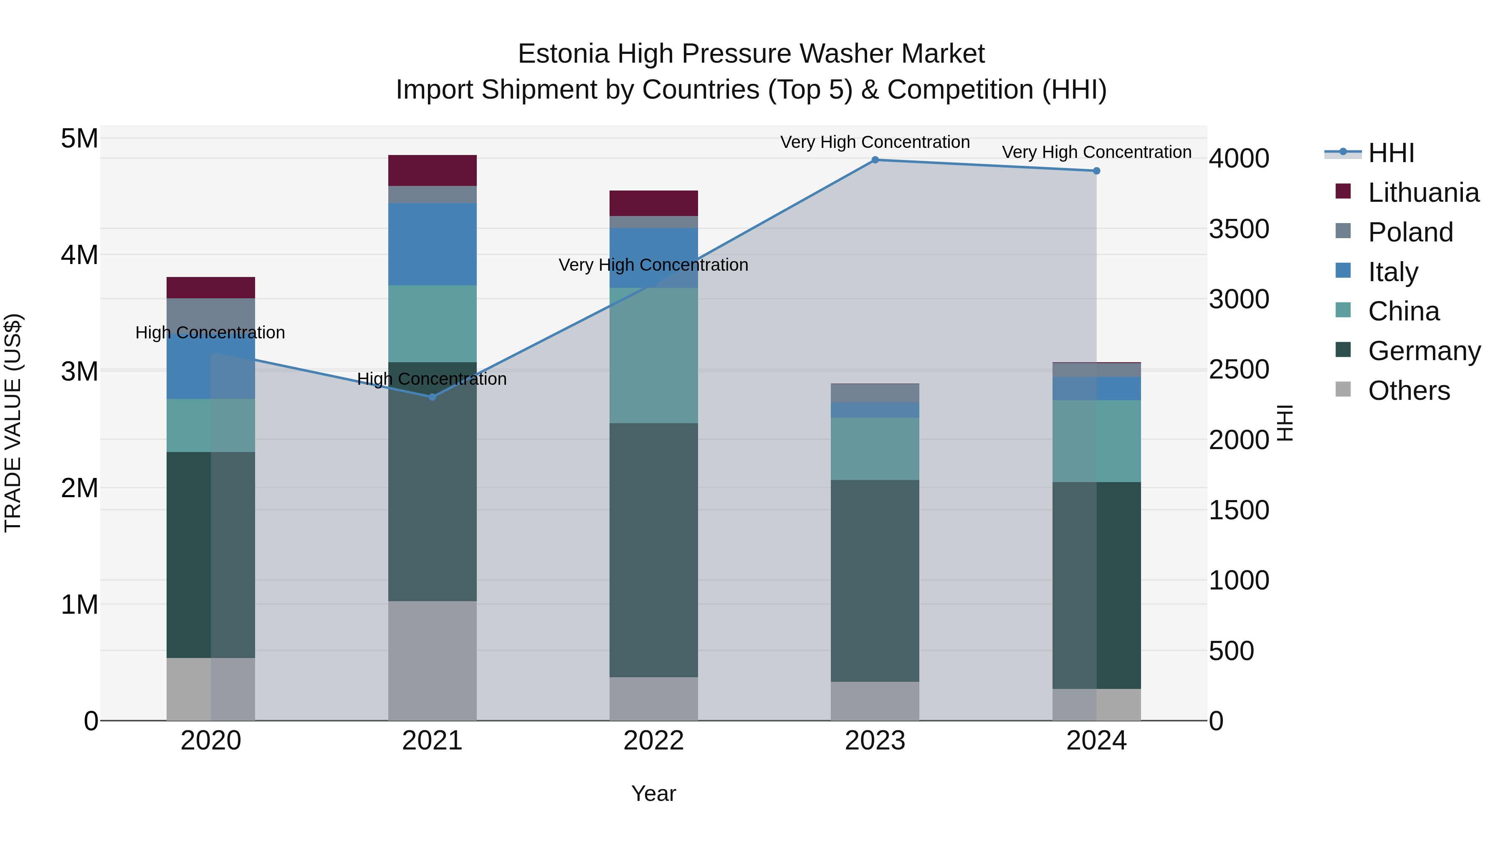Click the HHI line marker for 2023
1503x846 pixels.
pyautogui.click(x=875, y=160)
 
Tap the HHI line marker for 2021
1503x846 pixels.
pyautogui.click(x=433, y=397)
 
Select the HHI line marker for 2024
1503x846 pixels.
pyautogui.click(x=1096, y=171)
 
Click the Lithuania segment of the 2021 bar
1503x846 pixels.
pyautogui.click(x=433, y=170)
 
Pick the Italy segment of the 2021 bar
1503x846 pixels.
pyautogui.click(x=433, y=244)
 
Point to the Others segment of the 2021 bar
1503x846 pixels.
pyautogui.click(x=433, y=661)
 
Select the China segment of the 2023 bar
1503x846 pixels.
pyautogui.click(x=875, y=449)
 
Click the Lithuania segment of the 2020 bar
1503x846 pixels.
pyautogui.click(x=211, y=288)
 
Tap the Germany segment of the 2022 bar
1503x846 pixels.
pyautogui.click(x=653, y=550)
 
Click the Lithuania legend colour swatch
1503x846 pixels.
pyautogui.click(x=1343, y=191)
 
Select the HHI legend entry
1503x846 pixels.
pyautogui.click(x=1390, y=153)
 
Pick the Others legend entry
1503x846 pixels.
pyautogui.click(x=1409, y=391)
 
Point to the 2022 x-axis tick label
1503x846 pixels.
pyautogui.click(x=653, y=741)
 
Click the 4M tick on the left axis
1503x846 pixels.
pyautogui.click(x=79, y=255)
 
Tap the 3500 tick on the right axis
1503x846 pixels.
pyautogui.click(x=1238, y=229)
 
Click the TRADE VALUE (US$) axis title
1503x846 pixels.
pyautogui.click(x=13, y=423)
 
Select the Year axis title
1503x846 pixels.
pyautogui.click(x=653, y=793)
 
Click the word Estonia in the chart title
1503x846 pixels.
pyautogui.click(x=564, y=54)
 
